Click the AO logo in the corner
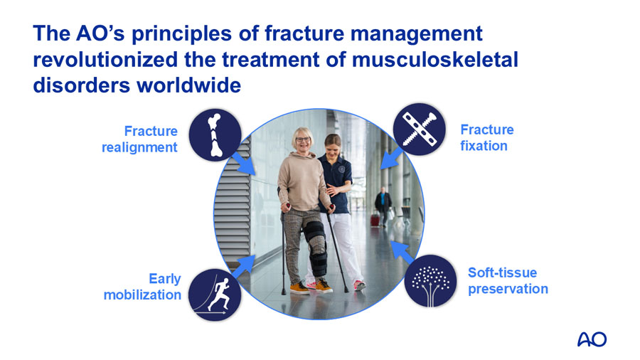[x=592, y=339]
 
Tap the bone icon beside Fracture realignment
[x=215, y=134]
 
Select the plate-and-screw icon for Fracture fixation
[x=420, y=131]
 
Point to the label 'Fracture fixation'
[x=486, y=137]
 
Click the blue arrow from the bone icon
[x=245, y=164]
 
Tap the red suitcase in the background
[x=375, y=219]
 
